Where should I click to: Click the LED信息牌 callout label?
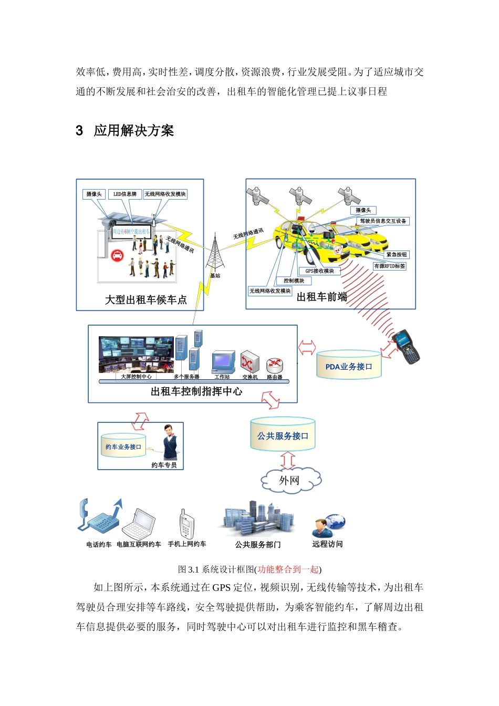coord(124,194)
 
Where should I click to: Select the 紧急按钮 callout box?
coord(397,255)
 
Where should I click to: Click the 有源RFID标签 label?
coord(389,266)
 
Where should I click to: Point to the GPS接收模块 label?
coord(319,271)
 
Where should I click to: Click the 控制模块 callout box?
coord(294,281)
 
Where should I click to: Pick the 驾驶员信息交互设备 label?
coord(383,221)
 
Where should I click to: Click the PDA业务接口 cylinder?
coord(349,366)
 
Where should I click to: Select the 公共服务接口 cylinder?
coord(283,435)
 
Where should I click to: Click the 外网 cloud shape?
coord(290,480)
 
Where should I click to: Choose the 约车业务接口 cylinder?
coord(123,446)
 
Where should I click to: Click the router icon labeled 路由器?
coord(274,365)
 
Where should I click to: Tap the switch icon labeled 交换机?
coord(250,362)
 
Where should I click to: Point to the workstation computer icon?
coord(223,362)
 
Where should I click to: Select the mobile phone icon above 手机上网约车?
coord(186,524)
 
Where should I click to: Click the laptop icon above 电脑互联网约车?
coord(139,523)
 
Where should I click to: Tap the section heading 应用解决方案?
coord(133,131)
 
